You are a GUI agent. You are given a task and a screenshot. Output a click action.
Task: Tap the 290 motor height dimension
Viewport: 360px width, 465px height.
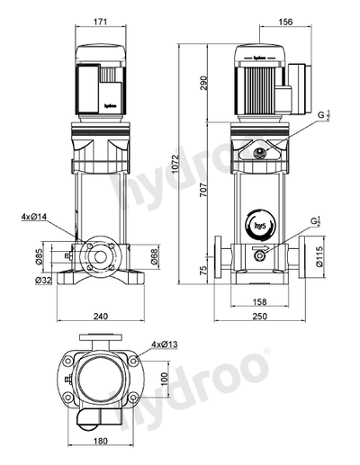(204, 83)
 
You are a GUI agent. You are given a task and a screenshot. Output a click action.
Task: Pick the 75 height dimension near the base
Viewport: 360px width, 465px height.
(204, 270)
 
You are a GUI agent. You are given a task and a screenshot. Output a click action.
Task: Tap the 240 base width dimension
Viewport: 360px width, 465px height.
(102, 316)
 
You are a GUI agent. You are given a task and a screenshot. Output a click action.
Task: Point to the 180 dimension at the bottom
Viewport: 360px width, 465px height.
(102, 441)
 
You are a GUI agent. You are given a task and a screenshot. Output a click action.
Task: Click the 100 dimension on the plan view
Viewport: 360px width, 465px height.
(164, 379)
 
